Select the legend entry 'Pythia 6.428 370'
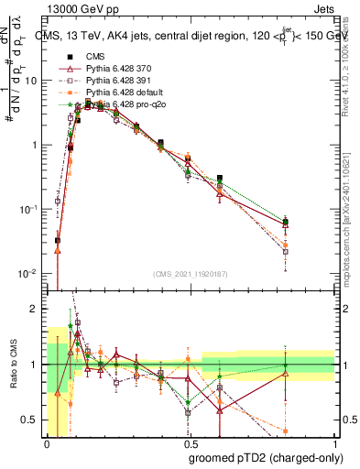120,70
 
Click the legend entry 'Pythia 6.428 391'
120,82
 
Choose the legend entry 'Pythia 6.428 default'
124,93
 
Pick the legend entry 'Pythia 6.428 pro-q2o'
125,105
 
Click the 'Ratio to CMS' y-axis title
12,365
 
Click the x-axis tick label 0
47,442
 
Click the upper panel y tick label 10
29,81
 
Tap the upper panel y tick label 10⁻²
28,274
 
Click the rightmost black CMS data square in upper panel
286,222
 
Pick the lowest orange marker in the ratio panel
286,431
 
